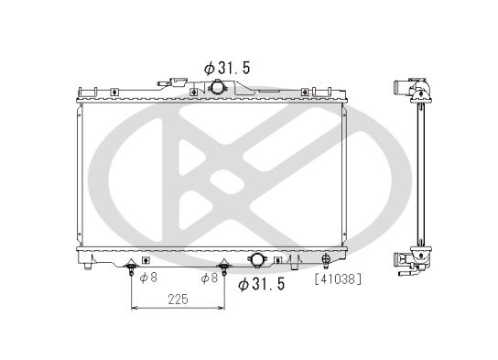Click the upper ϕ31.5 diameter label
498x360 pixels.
(226, 67)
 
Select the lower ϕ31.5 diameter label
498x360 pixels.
(262, 284)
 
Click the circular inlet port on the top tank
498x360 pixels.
(219, 87)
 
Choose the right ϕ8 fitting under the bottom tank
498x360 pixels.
(222, 269)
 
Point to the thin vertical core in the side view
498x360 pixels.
(419, 174)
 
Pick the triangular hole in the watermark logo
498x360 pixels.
(194, 164)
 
